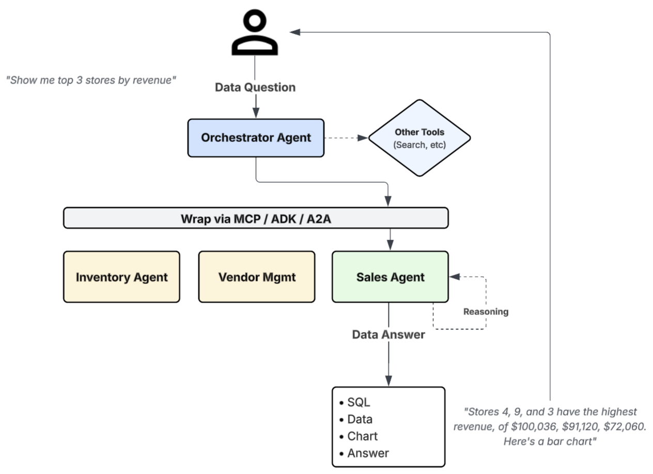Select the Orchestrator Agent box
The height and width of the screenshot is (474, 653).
tap(256, 138)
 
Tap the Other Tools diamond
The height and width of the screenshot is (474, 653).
tap(419, 138)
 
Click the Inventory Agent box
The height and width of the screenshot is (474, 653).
tap(121, 277)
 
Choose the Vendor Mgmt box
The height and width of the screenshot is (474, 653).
tap(256, 277)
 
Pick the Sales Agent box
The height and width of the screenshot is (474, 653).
tap(390, 277)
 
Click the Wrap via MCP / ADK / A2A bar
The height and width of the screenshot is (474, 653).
tap(256, 218)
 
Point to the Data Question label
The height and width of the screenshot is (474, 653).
tap(255, 87)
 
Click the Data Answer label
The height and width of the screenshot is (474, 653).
tap(388, 335)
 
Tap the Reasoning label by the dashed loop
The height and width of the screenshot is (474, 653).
tap(485, 312)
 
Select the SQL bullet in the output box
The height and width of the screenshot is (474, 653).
tap(359, 403)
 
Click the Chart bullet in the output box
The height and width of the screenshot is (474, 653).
tap(362, 436)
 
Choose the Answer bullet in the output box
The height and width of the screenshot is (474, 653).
tap(367, 453)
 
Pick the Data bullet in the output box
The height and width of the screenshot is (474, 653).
tap(360, 419)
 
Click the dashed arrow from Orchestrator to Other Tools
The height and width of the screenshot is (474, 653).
tap(345, 138)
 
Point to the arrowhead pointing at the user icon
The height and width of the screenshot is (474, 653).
tap(295, 32)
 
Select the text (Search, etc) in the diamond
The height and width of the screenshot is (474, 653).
tap(419, 145)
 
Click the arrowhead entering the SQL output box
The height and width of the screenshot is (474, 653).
tap(388, 381)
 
